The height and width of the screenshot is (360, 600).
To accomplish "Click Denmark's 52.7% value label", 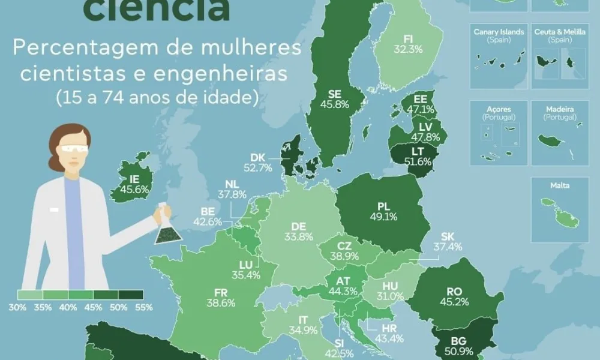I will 262,168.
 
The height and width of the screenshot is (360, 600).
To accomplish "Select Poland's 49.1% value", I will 384,217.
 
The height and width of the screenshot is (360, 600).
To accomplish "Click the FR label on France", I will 220,293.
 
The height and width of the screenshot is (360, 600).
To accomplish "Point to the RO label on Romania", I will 454,292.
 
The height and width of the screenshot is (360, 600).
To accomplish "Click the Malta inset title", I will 560,185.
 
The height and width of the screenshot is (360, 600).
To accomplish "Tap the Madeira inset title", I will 560,110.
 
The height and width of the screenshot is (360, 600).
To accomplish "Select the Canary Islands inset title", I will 499,32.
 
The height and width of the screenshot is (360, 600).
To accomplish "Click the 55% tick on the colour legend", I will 144,307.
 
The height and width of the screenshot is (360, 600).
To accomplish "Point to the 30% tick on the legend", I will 17,307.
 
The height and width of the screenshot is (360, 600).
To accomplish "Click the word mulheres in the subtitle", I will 254,48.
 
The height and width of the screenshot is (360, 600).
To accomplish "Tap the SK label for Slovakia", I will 448,236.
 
